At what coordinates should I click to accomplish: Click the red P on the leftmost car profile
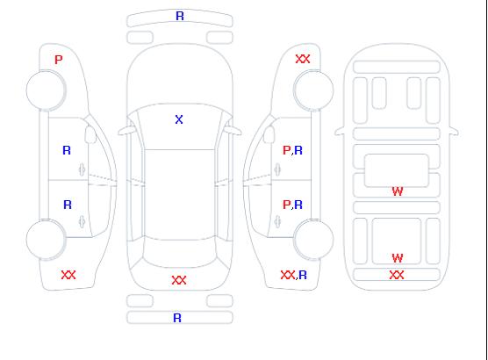coord(59,60)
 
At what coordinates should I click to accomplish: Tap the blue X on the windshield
coord(179,119)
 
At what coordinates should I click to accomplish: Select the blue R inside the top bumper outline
coord(180,16)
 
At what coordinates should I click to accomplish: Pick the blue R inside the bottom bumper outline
coord(177,318)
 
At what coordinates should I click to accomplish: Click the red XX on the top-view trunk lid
coord(179,280)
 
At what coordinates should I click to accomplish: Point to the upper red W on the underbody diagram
coord(398,191)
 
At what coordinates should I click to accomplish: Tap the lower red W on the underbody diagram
coord(398,258)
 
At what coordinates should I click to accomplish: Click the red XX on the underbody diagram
coord(397,275)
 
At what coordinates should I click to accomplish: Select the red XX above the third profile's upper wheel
coord(303,59)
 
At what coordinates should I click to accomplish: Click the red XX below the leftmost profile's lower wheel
coord(68,275)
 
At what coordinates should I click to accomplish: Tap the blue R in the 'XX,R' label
coord(303,275)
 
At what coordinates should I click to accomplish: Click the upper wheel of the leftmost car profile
coord(46,90)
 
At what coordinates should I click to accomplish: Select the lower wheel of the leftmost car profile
coord(46,240)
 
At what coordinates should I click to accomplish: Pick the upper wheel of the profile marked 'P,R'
coord(313,90)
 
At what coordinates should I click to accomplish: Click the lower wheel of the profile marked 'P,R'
coord(313,240)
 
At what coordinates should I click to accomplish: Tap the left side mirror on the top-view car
coord(126,131)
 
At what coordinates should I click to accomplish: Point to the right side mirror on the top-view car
coord(233,131)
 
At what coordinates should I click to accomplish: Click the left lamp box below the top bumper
coord(140,38)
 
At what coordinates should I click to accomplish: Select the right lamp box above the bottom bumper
coord(219,301)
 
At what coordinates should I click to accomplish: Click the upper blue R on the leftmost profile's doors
coord(67,150)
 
